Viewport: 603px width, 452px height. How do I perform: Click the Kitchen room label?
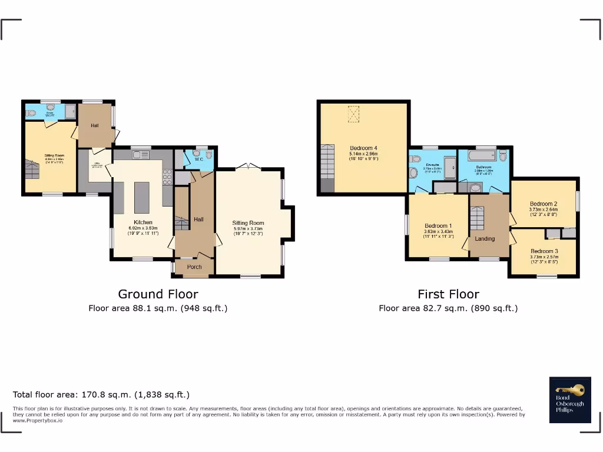tap(143, 222)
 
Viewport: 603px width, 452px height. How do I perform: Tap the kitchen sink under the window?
tap(141, 155)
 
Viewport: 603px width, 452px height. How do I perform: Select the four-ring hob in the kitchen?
tap(167, 177)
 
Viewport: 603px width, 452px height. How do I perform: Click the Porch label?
tap(194, 267)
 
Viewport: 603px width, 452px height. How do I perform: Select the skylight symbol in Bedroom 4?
tap(354, 114)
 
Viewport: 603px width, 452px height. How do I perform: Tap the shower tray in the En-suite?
tap(450, 168)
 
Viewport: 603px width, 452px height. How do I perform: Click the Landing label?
tap(485, 238)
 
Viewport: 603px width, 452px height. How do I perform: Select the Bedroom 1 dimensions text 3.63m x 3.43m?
tap(438, 231)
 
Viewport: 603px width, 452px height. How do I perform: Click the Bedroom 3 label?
tap(544, 251)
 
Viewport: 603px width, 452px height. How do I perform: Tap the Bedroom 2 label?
tap(543, 204)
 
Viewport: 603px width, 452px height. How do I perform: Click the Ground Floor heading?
tap(158, 294)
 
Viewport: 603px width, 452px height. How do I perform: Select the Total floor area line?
tap(101, 394)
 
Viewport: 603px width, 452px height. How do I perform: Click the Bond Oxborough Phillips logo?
tap(569, 400)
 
